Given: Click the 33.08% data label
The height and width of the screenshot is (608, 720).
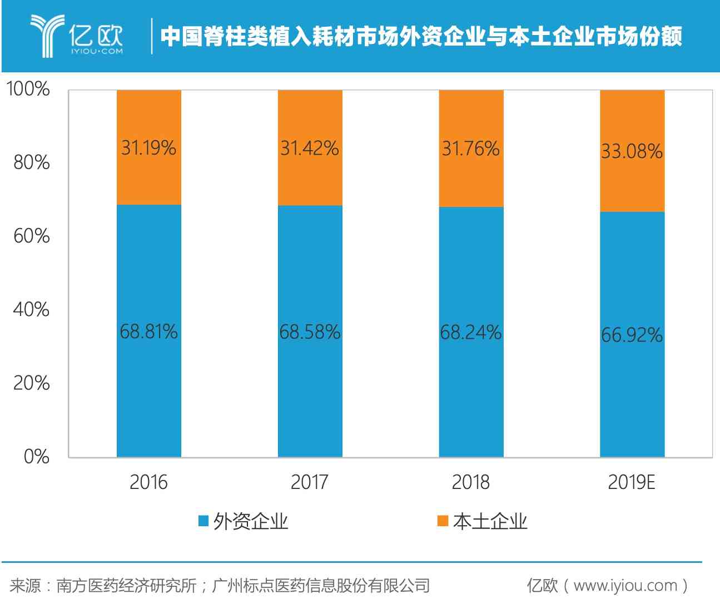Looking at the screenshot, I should (632, 151).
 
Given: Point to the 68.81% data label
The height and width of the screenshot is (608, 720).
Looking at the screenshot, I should (148, 332).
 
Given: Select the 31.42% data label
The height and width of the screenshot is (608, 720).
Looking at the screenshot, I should (310, 148).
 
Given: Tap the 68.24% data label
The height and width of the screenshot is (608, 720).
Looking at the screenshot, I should (471, 333).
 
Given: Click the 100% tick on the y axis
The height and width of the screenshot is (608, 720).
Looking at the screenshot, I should (28, 89).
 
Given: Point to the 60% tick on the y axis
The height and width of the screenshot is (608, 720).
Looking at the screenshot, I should (31, 236).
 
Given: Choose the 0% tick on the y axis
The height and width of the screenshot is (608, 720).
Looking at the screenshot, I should (36, 457).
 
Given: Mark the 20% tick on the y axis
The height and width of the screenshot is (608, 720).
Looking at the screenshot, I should (31, 383).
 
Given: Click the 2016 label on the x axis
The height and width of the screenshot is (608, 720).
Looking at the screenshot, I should (148, 482).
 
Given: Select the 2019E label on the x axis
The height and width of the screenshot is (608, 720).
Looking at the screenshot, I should (632, 482).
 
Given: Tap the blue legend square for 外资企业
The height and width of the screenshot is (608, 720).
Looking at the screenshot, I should (203, 521).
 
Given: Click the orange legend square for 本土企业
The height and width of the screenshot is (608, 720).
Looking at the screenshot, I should (443, 521).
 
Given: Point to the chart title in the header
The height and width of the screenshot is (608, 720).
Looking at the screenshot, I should (421, 37).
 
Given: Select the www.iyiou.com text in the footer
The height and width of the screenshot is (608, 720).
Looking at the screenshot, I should (625, 586).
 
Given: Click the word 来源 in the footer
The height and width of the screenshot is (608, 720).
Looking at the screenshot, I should (25, 586).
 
